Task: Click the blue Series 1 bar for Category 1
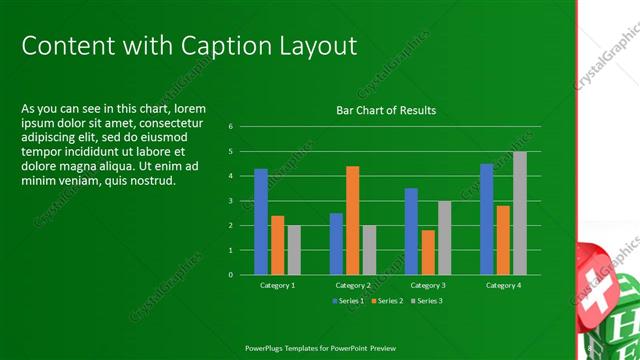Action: pos(261,221)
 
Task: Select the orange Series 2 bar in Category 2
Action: pos(352,220)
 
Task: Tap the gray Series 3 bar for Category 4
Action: pos(519,213)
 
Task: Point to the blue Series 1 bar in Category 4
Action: pos(486,219)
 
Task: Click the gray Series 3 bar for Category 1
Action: pos(294,250)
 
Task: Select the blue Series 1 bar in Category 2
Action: pos(336,243)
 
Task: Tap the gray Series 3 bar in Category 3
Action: pos(444,238)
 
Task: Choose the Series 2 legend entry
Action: pos(388,300)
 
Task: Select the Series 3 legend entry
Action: pos(426,300)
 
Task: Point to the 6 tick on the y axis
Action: pos(230,127)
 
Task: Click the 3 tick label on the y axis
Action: pos(230,201)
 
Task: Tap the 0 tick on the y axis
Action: pos(230,274)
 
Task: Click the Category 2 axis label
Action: pos(352,285)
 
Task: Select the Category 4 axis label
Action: pos(503,285)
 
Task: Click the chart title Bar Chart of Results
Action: pos(386,110)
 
